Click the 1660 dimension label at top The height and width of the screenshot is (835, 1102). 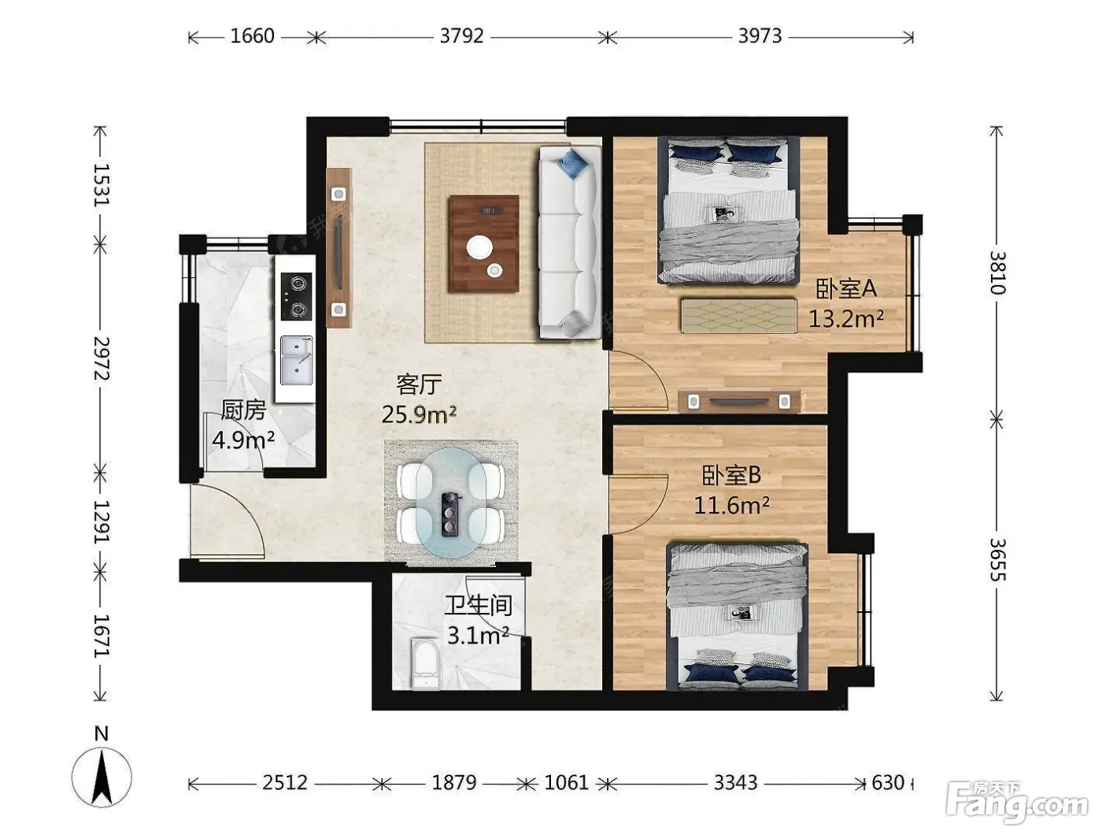click(252, 36)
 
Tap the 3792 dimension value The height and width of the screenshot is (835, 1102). click(461, 36)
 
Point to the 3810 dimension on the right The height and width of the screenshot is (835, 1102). click(997, 273)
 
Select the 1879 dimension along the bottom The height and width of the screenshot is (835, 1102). click(454, 782)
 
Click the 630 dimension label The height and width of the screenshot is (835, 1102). click(888, 782)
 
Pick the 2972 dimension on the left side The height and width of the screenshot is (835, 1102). click(101, 358)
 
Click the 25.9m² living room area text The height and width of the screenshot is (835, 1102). click(419, 414)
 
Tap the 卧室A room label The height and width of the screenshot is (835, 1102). click(845, 288)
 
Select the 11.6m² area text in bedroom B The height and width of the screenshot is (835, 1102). click(731, 505)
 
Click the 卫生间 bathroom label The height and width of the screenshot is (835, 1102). click(478, 606)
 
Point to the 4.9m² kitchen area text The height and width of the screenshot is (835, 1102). click(243, 440)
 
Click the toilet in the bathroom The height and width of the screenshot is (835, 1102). click(425, 662)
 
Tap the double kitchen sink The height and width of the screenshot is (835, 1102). click(296, 360)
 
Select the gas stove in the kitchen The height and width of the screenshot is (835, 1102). click(296, 296)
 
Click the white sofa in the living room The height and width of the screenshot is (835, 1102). click(570, 242)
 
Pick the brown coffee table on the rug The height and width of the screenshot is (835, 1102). click(484, 243)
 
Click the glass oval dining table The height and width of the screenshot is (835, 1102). click(450, 503)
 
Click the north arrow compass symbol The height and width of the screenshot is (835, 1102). click(102, 777)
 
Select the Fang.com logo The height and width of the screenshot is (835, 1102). click(1017, 800)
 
